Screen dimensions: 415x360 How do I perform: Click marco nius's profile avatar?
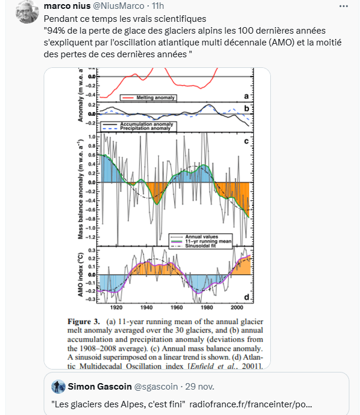point(25,11)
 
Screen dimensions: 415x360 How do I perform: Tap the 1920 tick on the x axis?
point(116,308)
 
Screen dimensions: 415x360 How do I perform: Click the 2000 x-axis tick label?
point(237,308)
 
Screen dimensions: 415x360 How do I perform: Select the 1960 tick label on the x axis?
point(176,308)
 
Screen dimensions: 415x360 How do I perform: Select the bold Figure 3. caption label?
point(86,322)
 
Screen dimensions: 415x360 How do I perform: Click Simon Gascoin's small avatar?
point(59,387)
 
